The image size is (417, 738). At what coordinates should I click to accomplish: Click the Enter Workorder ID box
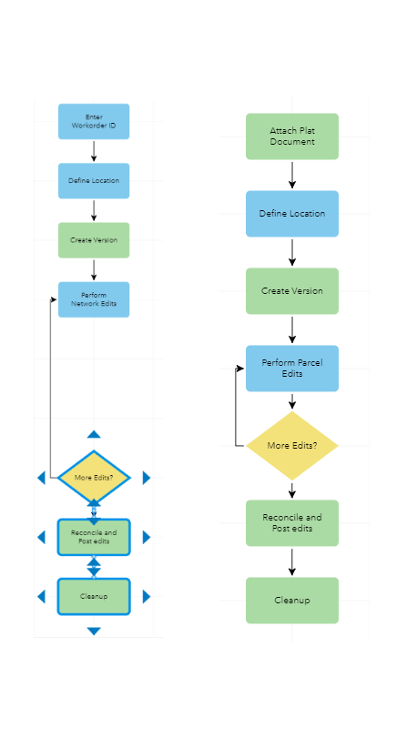(x=94, y=122)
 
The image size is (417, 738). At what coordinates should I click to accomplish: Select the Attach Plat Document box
(x=291, y=136)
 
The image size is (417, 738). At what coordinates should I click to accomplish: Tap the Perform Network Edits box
(x=94, y=299)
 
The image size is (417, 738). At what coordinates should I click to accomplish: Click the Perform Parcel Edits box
(x=291, y=369)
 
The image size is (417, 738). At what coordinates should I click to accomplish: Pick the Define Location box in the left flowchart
(x=94, y=181)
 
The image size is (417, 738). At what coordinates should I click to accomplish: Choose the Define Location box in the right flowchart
(x=291, y=214)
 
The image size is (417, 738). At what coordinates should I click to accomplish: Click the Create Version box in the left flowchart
(x=94, y=240)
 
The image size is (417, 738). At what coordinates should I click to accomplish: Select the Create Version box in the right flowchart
(x=291, y=291)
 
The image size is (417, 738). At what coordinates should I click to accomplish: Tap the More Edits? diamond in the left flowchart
(x=94, y=477)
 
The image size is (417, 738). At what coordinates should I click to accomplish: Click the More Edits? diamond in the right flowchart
(x=291, y=446)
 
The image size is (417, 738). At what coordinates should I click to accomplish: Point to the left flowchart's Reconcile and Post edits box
(x=94, y=537)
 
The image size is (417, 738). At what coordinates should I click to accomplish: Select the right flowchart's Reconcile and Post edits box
(x=291, y=523)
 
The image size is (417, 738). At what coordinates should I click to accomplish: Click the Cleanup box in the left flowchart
(x=94, y=596)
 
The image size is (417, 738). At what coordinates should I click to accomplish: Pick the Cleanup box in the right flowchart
(x=291, y=601)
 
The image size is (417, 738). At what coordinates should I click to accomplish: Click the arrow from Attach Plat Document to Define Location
(x=292, y=175)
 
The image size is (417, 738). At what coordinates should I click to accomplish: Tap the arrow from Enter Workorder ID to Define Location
(x=94, y=151)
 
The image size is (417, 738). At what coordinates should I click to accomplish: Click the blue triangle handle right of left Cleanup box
(x=147, y=596)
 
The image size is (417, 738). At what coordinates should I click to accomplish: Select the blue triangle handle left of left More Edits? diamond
(x=41, y=478)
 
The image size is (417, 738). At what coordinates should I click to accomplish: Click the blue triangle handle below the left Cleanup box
(x=94, y=631)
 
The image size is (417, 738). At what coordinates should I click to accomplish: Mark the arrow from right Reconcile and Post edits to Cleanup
(x=292, y=561)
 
